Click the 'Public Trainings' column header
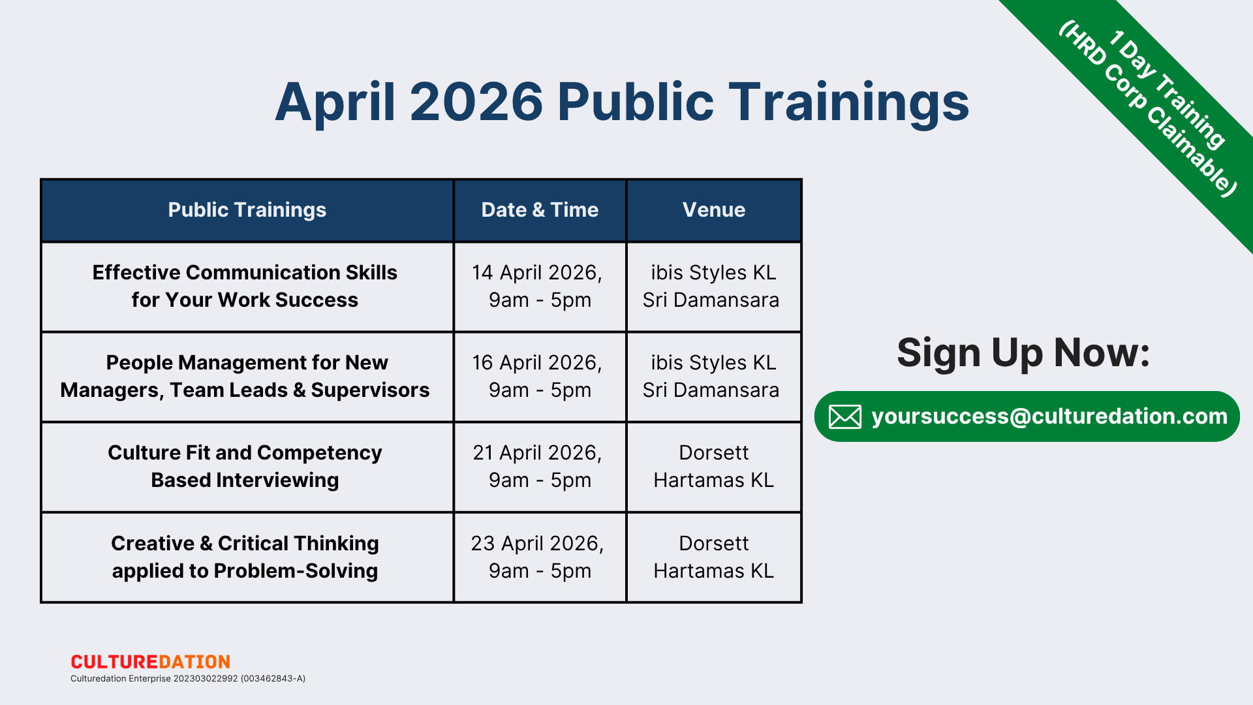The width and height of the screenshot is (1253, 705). (x=247, y=210)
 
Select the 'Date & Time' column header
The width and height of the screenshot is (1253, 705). (x=540, y=210)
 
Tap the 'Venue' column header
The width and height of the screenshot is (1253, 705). (x=714, y=210)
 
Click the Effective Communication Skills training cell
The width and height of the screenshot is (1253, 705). (x=247, y=287)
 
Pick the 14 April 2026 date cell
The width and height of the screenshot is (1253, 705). (x=540, y=287)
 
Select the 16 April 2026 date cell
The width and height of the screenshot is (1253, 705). (x=540, y=377)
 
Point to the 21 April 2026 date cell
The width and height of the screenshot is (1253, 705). (x=540, y=467)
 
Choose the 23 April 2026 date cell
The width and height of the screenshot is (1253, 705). (x=540, y=557)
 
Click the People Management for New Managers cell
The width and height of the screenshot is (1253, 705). (x=247, y=377)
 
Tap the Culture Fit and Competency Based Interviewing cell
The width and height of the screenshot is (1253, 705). (x=247, y=467)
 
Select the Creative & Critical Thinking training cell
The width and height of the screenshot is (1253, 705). (x=247, y=557)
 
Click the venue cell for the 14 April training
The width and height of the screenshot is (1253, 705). (x=714, y=287)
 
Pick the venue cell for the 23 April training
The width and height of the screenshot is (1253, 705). (x=714, y=557)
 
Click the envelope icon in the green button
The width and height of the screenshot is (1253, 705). (x=845, y=416)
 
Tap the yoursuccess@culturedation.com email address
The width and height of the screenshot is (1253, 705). (x=1049, y=416)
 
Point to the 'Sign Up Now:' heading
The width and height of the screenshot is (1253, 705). (x=1023, y=353)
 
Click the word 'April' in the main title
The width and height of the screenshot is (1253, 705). (x=335, y=102)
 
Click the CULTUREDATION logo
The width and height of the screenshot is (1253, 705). (x=151, y=662)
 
